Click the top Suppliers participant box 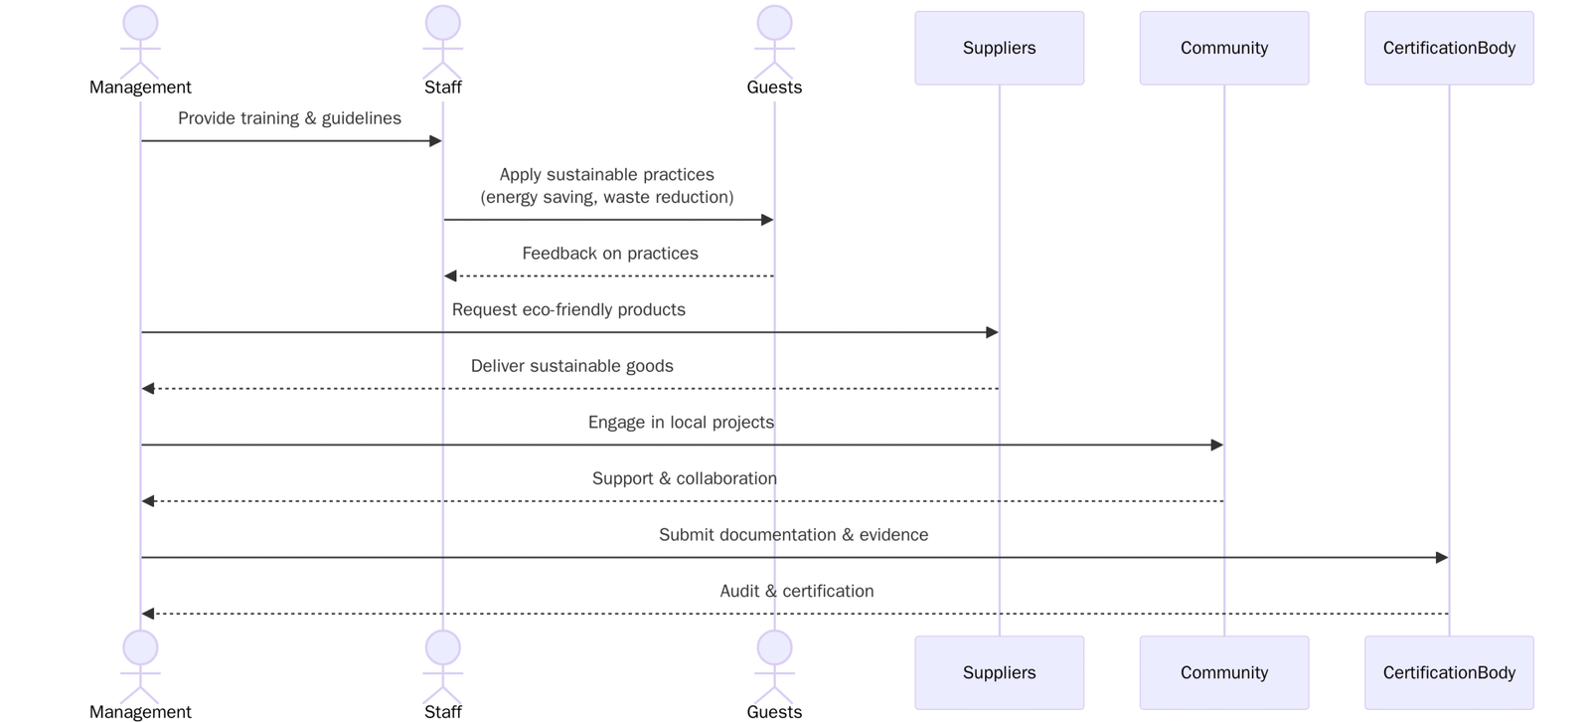click(x=999, y=48)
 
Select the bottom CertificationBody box click(x=1448, y=672)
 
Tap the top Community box click(x=1223, y=48)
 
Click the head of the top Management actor click(x=140, y=23)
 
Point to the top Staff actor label click(x=442, y=88)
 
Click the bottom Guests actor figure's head click(x=774, y=647)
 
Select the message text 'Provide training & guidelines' click(x=289, y=118)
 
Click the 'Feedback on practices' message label click(x=609, y=254)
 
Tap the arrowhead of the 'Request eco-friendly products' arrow click(x=992, y=332)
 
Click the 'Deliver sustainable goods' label click(x=571, y=366)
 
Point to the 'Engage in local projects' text click(x=681, y=423)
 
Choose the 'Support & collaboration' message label click(x=684, y=478)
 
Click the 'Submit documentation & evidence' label click(x=793, y=535)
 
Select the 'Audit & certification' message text click(x=796, y=591)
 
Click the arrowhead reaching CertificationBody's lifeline click(x=1442, y=558)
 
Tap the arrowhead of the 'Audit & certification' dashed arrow click(x=148, y=614)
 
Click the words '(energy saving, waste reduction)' click(x=606, y=197)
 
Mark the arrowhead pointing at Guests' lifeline click(x=767, y=220)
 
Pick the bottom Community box click(x=1223, y=672)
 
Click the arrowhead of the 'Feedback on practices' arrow click(x=450, y=275)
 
